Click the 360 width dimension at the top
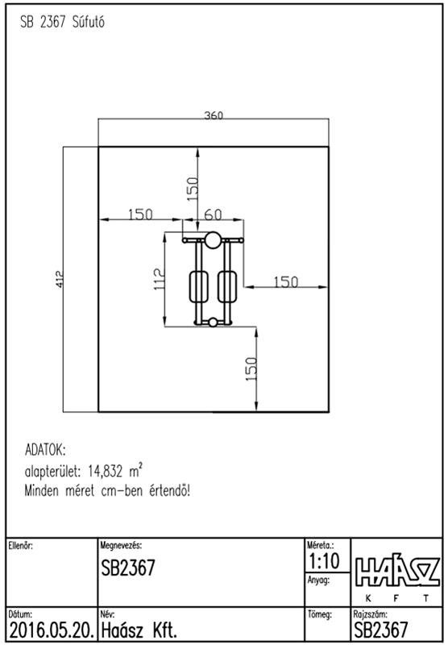(x=214, y=115)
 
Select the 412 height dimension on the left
(x=60, y=278)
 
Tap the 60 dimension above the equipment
(x=213, y=214)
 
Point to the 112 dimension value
(x=160, y=278)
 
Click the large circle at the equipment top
(x=213, y=240)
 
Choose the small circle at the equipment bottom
(x=213, y=322)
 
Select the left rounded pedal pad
(x=198, y=287)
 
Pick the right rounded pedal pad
(x=227, y=287)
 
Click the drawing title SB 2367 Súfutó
(x=62, y=22)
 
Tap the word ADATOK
(x=45, y=450)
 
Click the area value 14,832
(x=105, y=471)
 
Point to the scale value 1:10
(x=324, y=560)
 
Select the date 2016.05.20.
(x=52, y=630)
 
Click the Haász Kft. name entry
(x=139, y=630)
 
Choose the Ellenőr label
(x=21, y=546)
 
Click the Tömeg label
(x=320, y=614)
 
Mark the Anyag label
(x=318, y=580)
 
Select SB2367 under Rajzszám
(x=380, y=630)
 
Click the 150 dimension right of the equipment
(x=286, y=281)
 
